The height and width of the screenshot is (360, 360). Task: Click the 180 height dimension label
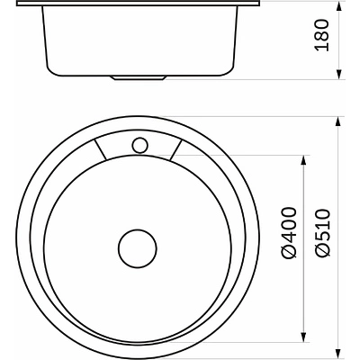coord(322,35)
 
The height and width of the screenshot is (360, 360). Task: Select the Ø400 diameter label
coord(289,232)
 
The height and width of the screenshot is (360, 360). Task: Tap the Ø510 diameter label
coord(322,232)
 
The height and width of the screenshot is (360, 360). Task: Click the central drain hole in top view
coord(138,248)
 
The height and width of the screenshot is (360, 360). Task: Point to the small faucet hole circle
coord(139,145)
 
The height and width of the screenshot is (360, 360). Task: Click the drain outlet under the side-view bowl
coord(138,77)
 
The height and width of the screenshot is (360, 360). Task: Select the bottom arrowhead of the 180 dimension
coord(338,75)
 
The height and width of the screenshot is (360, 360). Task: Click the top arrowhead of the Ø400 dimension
coord(304,160)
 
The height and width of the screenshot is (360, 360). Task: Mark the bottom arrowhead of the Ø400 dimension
coord(304,337)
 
